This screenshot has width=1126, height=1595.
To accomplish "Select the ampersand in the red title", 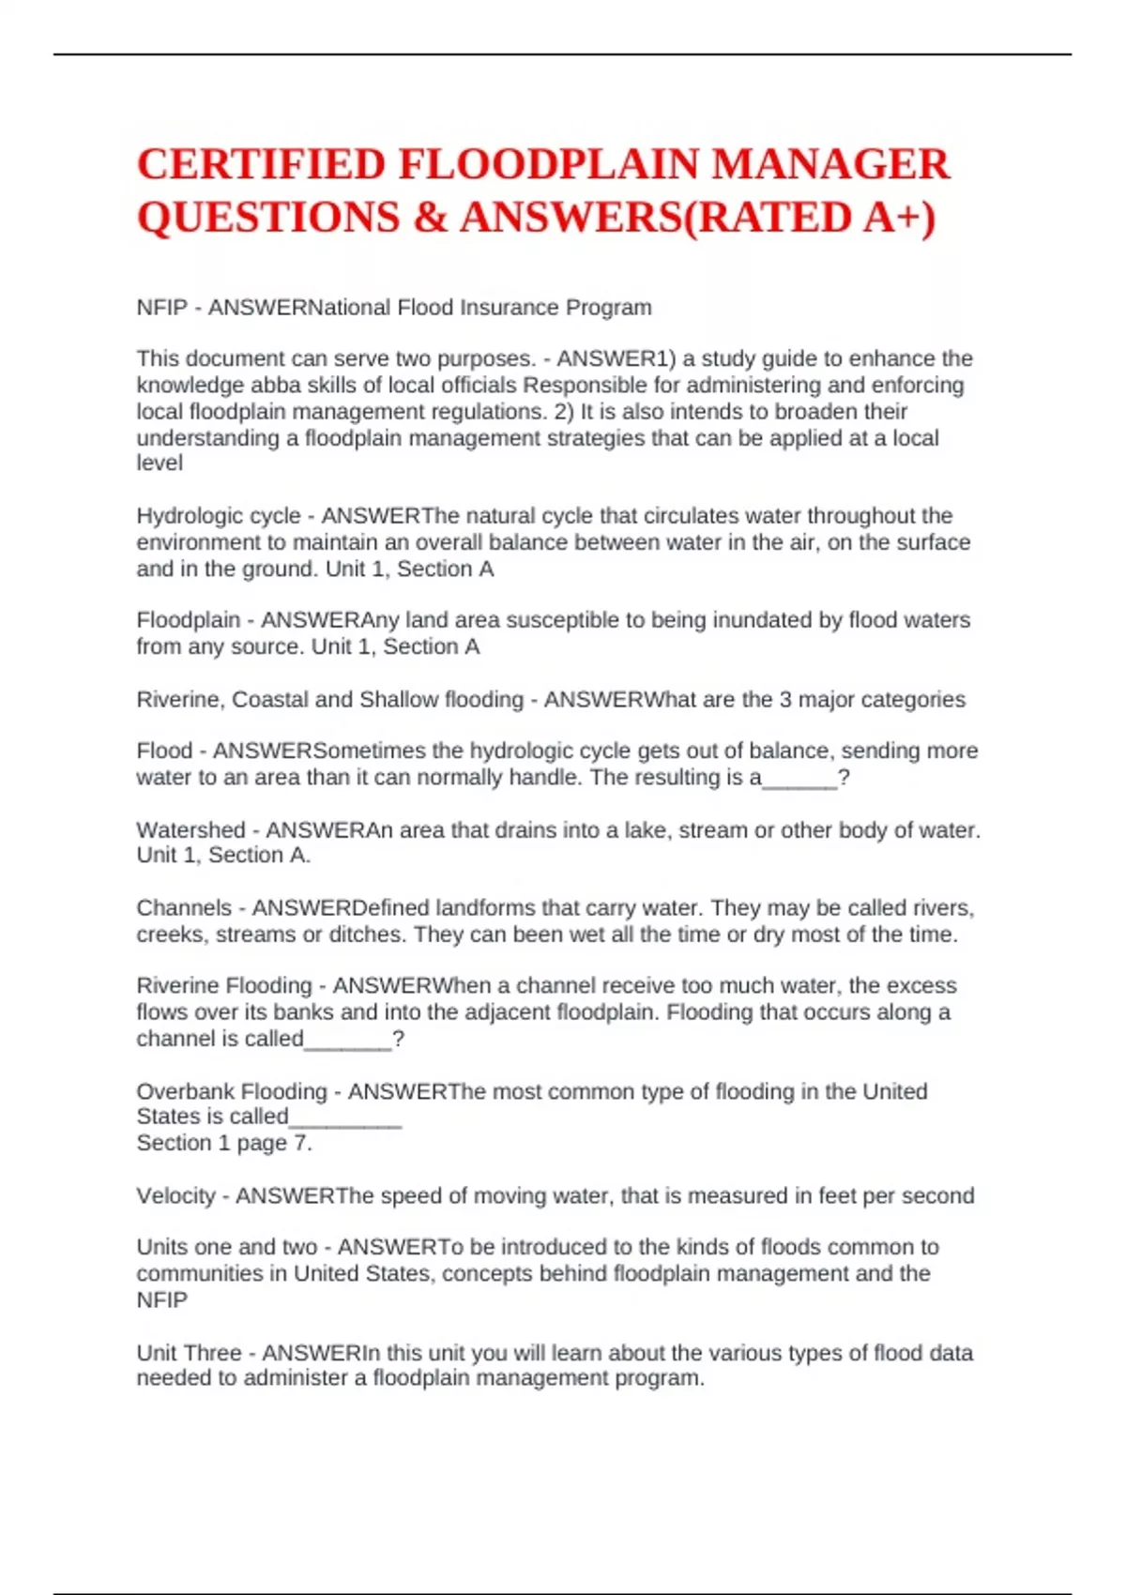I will pyautogui.click(x=429, y=218).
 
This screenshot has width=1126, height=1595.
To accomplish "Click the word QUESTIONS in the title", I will pyautogui.click(x=268, y=218).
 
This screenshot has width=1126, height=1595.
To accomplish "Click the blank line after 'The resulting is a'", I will pyautogui.click(x=799, y=780).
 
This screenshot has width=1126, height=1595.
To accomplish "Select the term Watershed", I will pyautogui.click(x=190, y=830).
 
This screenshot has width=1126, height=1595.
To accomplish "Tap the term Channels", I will pyautogui.click(x=184, y=908).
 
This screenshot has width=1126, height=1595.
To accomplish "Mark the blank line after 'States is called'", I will pyautogui.click(x=345, y=1119).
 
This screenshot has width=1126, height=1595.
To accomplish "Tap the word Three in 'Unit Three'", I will pyautogui.click(x=216, y=1353).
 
